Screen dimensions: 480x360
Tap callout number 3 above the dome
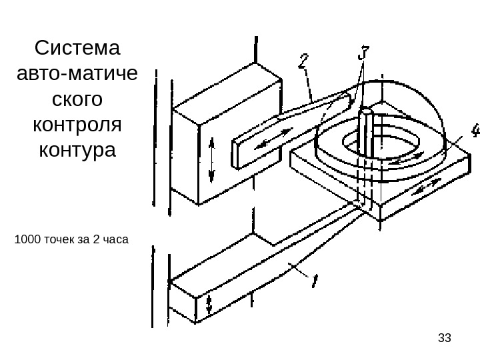363,53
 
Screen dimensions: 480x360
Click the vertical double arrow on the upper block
212,159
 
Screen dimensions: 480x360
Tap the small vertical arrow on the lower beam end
209,305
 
